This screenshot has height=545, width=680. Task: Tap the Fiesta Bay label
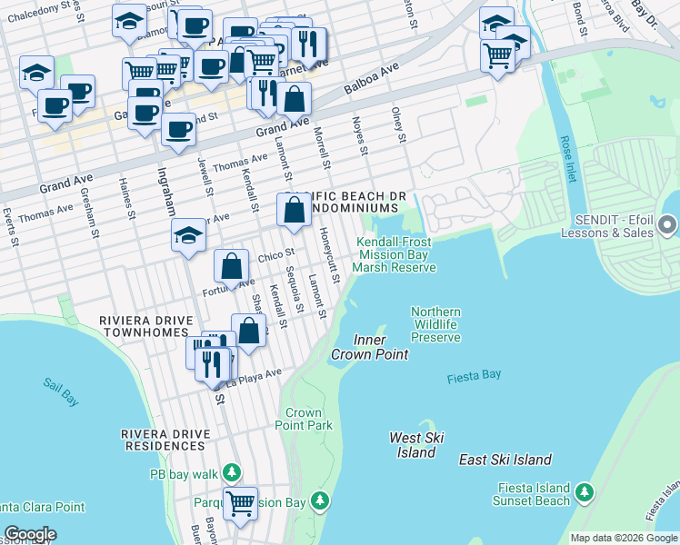(x=475, y=376)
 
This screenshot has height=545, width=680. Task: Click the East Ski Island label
(x=505, y=460)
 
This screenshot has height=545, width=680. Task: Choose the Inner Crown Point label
(x=369, y=347)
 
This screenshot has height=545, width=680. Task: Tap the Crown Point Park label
(x=309, y=419)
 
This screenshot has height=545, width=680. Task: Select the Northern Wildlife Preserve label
(x=435, y=324)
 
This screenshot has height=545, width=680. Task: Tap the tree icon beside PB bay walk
(x=233, y=473)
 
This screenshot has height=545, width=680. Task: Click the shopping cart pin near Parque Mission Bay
(x=240, y=501)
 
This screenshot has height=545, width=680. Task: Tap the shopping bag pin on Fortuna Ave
(x=232, y=267)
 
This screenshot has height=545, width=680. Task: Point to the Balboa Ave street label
(x=372, y=81)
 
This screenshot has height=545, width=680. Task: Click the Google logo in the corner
(x=30, y=534)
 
